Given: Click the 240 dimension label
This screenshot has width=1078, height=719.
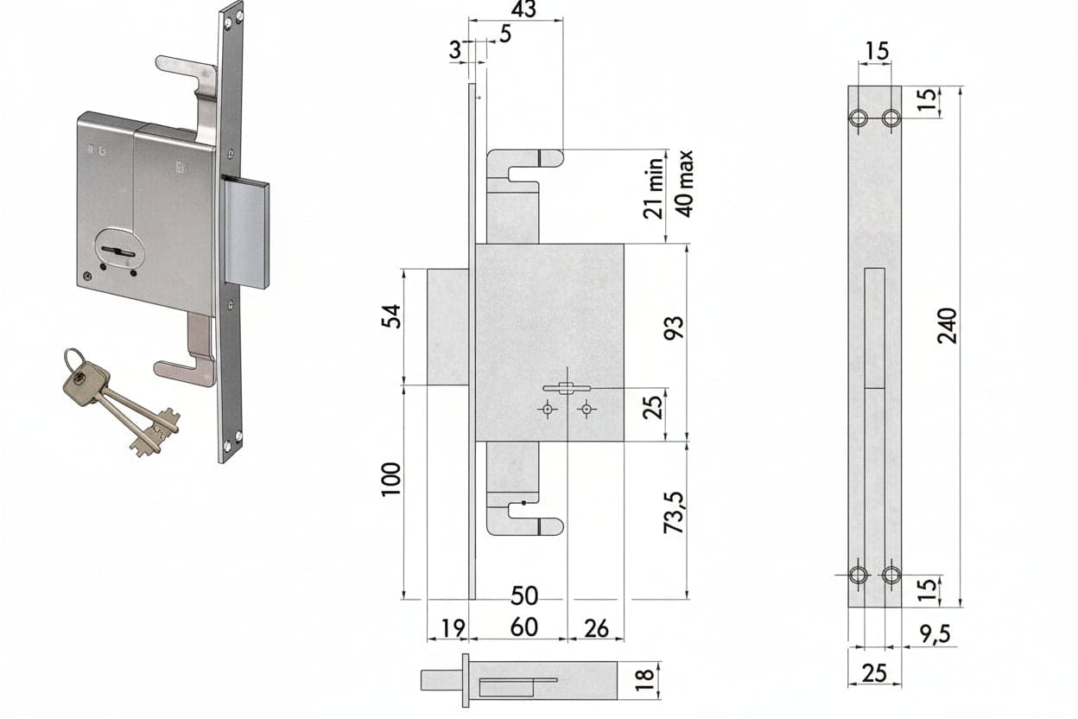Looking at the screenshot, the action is tap(947, 326).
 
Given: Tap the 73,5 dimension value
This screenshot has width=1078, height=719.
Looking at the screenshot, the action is tap(674, 512).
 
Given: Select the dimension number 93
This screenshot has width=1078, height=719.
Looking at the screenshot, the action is tap(674, 328).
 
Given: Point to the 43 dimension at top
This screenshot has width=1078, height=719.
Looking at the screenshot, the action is tap(523, 9).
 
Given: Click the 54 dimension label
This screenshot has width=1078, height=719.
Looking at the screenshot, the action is tap(391, 316).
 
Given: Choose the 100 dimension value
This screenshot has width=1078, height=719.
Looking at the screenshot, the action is tap(391, 479).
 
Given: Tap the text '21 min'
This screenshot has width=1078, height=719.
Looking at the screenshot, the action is tap(654, 188).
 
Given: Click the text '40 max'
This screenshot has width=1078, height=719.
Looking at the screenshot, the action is tap(683, 184).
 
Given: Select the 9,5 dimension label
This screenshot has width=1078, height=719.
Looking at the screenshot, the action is tap(935, 634).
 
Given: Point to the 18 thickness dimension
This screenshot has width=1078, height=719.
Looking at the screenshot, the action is tap(644, 680).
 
